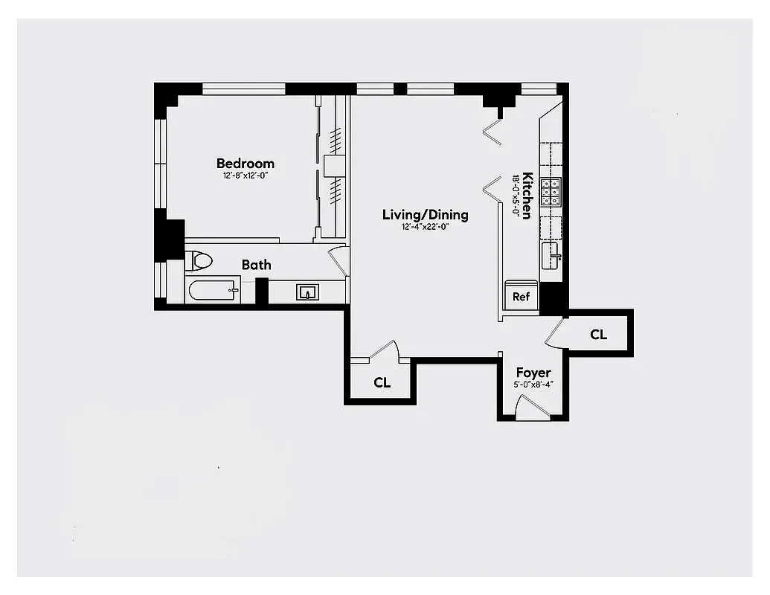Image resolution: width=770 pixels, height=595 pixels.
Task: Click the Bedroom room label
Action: pyautogui.click(x=246, y=164)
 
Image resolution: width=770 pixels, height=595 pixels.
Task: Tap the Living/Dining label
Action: pyautogui.click(x=426, y=215)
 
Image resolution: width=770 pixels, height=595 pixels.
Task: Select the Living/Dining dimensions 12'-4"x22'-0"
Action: pyautogui.click(x=426, y=227)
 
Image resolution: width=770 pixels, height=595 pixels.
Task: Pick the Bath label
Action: pyautogui.click(x=256, y=265)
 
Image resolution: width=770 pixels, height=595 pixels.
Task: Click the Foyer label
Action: pyautogui.click(x=533, y=373)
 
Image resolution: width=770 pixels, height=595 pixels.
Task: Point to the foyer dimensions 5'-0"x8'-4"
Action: pyautogui.click(x=533, y=385)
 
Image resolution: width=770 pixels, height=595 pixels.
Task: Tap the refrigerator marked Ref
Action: pyautogui.click(x=521, y=297)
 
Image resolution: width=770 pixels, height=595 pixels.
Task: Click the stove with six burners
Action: pyautogui.click(x=551, y=192)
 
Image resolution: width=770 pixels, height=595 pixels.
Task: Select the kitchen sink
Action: pyautogui.click(x=551, y=256)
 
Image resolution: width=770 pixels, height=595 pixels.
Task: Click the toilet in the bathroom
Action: pyautogui.click(x=199, y=261)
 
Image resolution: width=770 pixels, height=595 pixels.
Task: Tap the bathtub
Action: pyautogui.click(x=214, y=289)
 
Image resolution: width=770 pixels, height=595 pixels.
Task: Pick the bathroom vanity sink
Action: pyautogui.click(x=307, y=292)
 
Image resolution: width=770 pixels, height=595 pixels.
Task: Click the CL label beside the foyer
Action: pyautogui.click(x=599, y=335)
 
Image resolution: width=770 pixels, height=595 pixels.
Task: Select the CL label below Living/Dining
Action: pyautogui.click(x=382, y=383)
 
